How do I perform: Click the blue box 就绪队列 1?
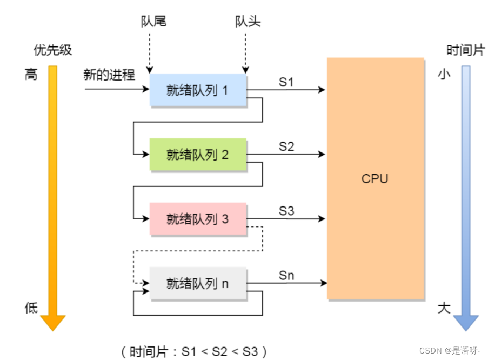(x=198, y=90)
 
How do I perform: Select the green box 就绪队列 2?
(x=198, y=155)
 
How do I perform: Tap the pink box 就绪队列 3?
(x=198, y=219)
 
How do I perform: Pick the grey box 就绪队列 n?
(x=198, y=283)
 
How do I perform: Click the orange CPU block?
(x=375, y=178)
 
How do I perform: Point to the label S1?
(x=286, y=82)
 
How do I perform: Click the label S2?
(x=286, y=146)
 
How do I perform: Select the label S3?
(x=286, y=211)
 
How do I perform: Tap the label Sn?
(x=286, y=275)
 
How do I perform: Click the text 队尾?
(x=153, y=21)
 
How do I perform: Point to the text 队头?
(x=248, y=21)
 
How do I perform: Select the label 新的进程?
(x=109, y=75)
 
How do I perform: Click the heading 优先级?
(x=52, y=51)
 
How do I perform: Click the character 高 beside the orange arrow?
(x=31, y=75)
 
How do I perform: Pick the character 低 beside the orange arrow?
(x=31, y=308)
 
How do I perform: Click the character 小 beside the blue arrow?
(x=444, y=75)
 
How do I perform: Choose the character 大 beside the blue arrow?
(x=444, y=308)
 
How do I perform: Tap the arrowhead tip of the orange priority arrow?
(x=53, y=329)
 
